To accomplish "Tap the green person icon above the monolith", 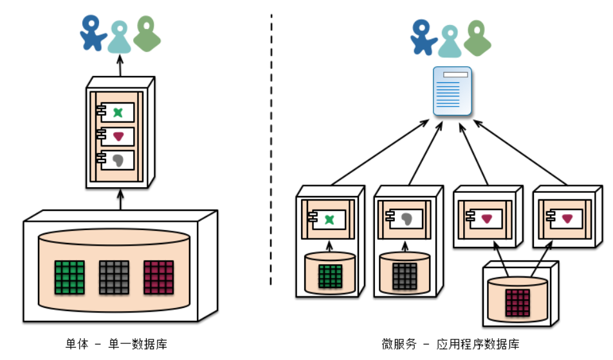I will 147,35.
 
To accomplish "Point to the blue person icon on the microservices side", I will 424,36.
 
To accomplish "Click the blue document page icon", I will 452,91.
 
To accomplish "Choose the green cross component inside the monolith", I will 117,112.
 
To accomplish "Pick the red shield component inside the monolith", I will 117,136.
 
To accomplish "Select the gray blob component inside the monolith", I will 117,160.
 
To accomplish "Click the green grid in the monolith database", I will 69,277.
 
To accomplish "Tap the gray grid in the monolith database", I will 114,277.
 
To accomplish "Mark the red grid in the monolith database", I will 158,277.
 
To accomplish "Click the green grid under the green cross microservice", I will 330,276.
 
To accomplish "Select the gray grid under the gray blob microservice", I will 405,276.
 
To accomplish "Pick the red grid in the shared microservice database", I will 518,302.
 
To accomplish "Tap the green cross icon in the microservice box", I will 330,219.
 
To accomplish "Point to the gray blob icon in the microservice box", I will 406,219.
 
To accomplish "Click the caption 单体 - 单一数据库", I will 116,344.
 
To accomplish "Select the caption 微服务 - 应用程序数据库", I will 450,344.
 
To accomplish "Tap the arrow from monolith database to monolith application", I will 120,199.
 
